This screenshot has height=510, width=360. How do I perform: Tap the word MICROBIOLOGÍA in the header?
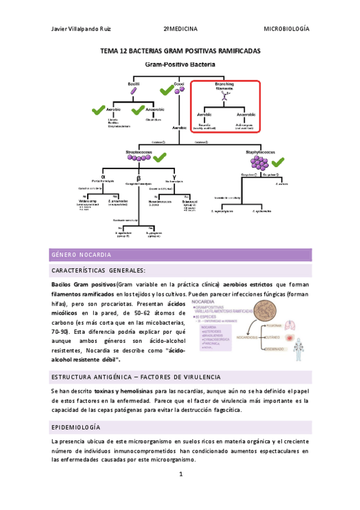click(287, 29)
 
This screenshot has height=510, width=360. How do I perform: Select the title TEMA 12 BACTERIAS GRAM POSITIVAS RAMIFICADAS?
click(180, 52)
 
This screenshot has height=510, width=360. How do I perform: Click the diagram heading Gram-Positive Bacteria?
click(180, 63)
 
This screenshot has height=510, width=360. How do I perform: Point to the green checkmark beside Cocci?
click(166, 91)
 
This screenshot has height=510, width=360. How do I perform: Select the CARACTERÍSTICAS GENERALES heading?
click(99, 271)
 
